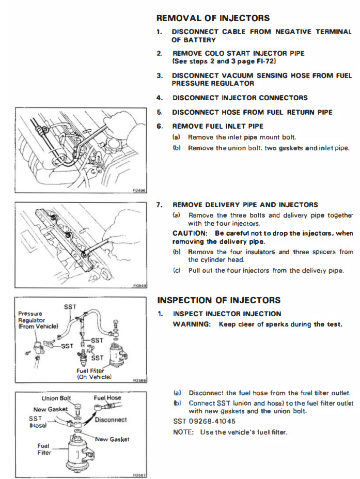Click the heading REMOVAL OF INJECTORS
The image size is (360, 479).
(x=213, y=18)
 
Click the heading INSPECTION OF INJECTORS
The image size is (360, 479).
(x=219, y=300)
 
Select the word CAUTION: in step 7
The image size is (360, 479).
(x=189, y=234)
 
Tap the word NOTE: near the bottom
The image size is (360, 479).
(x=183, y=431)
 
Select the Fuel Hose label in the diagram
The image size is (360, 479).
(x=107, y=398)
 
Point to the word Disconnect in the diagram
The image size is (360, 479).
(x=111, y=420)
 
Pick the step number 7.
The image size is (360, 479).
(x=160, y=205)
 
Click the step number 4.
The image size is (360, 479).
(x=160, y=98)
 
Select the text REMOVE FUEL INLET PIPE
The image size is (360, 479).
(x=217, y=126)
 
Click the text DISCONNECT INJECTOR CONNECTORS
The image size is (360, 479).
(x=240, y=98)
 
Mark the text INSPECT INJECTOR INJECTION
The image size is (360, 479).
(x=227, y=314)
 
